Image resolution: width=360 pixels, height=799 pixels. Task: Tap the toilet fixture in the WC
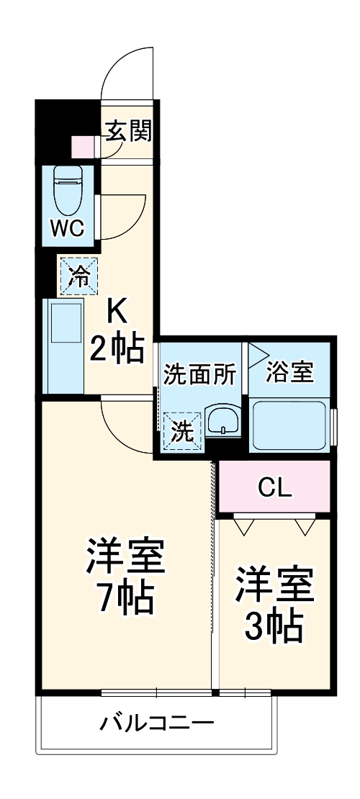coord(69,187)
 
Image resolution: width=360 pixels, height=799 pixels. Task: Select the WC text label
coord(68,229)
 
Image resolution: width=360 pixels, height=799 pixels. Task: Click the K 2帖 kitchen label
coord(117,330)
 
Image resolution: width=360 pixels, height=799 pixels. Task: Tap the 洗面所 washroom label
coord(199,374)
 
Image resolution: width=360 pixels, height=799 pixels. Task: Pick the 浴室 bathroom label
coord(290,373)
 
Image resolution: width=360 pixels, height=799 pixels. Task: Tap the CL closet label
coord(276,489)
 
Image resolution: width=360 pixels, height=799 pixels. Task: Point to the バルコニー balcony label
coord(156,721)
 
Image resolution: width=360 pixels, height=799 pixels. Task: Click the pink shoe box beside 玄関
coord(83,146)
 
